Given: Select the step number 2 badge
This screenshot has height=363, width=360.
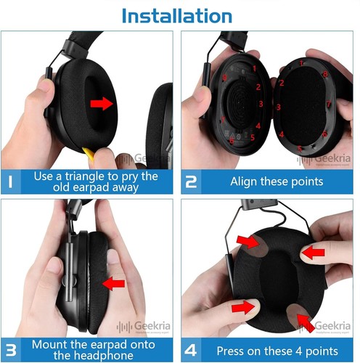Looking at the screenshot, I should coord(193,181).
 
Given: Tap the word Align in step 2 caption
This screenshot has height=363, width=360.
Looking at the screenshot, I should coord(245,182).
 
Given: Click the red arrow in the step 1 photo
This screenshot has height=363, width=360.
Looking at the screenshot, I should coord(102,104).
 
